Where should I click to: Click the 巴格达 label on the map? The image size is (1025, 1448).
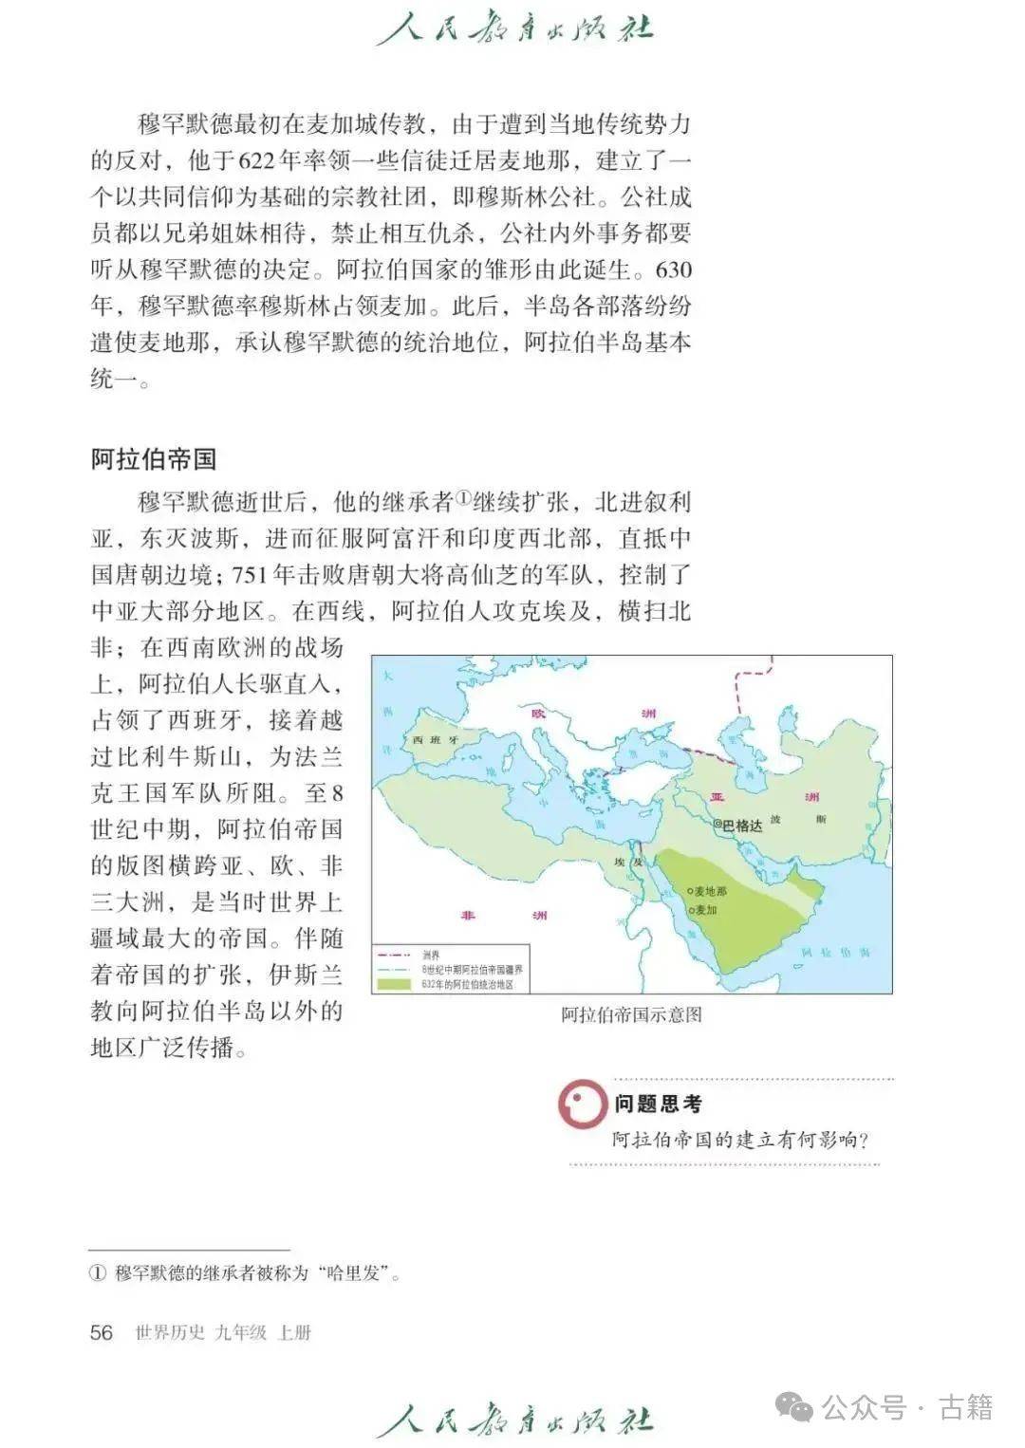click(x=742, y=826)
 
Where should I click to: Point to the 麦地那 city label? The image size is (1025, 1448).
click(x=710, y=892)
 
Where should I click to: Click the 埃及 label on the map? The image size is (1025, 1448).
click(x=628, y=862)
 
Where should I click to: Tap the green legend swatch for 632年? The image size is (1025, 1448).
click(x=396, y=985)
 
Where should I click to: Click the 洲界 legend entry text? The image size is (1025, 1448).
click(x=431, y=956)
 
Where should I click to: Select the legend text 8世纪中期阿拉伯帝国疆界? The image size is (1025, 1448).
click(x=473, y=970)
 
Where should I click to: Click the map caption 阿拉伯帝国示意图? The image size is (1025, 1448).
click(x=631, y=1014)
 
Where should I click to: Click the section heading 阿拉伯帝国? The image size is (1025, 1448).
click(x=154, y=460)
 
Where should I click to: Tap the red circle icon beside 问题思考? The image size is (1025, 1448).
click(x=582, y=1105)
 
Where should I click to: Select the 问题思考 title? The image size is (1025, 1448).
click(x=658, y=1104)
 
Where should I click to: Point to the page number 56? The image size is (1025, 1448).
click(x=101, y=1332)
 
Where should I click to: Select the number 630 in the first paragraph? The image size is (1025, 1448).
click(x=673, y=270)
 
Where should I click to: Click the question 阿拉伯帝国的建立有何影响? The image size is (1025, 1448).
click(x=740, y=1140)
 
